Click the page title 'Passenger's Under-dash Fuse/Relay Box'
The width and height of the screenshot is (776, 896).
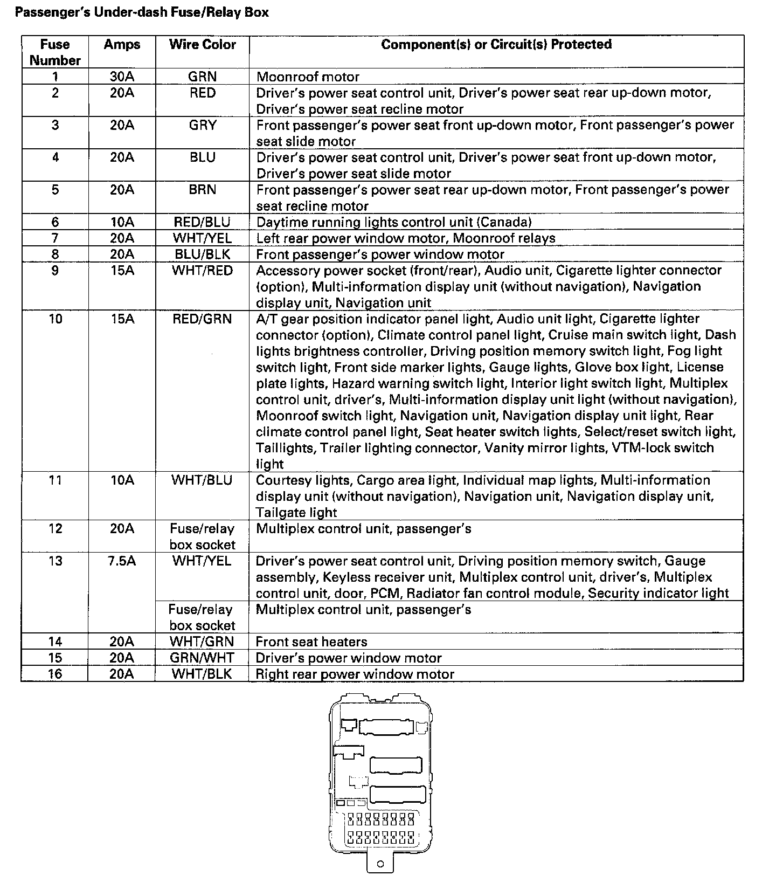(x=141, y=12)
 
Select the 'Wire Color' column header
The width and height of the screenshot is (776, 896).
(x=202, y=44)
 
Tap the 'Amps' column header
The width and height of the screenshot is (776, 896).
(x=122, y=44)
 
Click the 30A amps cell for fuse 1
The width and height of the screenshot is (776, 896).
(x=122, y=77)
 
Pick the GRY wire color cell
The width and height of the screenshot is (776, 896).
(x=202, y=125)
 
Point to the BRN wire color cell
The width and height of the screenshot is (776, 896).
(x=202, y=190)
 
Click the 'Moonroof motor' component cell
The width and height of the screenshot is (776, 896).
(x=308, y=77)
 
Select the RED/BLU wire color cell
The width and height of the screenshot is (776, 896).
(x=202, y=222)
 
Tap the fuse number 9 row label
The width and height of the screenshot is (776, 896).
(x=55, y=270)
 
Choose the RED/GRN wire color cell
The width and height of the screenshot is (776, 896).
(x=202, y=319)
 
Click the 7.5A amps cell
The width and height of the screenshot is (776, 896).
(x=122, y=561)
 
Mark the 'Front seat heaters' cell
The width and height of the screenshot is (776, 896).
(x=311, y=642)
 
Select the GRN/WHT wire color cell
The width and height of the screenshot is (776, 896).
(x=202, y=658)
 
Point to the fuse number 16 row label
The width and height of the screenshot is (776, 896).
(x=55, y=674)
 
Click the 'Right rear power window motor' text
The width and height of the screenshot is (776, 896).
(x=355, y=674)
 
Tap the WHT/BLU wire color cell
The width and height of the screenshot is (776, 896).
(x=202, y=480)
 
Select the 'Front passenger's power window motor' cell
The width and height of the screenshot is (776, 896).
(x=380, y=254)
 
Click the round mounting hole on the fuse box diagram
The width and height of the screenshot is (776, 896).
(x=381, y=879)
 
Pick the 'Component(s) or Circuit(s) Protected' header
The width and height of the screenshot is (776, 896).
(x=496, y=44)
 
